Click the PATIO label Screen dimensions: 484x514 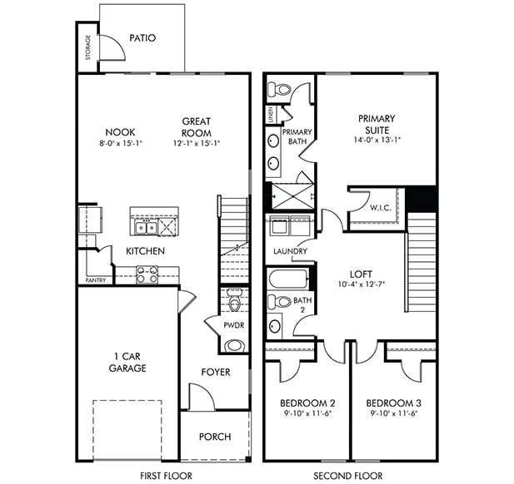142,38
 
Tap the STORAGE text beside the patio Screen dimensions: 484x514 88,48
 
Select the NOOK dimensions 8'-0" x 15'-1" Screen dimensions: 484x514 120,143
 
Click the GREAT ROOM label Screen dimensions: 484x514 197,126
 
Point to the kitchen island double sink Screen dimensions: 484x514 143,226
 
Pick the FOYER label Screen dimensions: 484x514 216,372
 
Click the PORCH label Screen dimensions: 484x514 215,437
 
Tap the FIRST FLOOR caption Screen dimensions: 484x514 166,476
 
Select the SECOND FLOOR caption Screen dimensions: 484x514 348,476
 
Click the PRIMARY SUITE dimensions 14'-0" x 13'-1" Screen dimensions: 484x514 377,140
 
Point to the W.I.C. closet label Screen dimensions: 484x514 381,208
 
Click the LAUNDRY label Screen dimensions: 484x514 289,251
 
